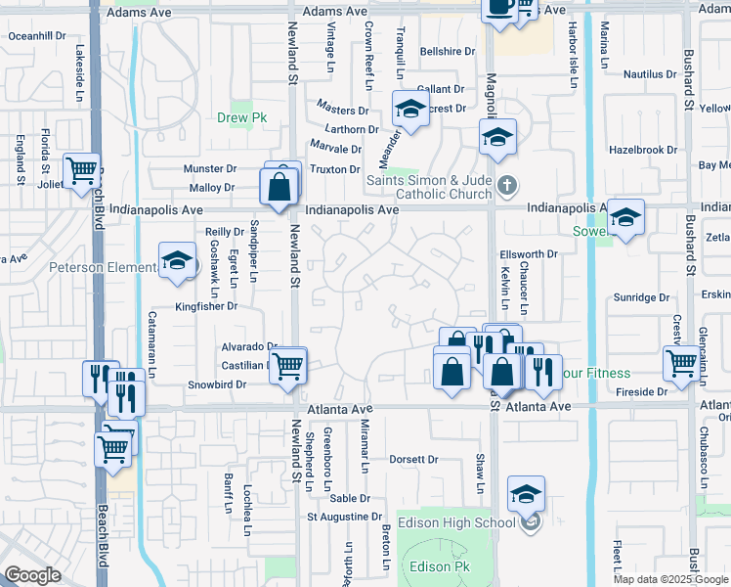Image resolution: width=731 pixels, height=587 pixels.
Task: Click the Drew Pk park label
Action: coord(235,119)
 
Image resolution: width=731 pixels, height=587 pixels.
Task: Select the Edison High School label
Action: coord(455,522)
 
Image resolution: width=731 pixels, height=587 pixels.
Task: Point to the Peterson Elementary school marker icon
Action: coord(177,261)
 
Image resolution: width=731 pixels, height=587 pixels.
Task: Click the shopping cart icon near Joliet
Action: coord(82,170)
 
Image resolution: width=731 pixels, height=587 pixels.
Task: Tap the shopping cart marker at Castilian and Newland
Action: coord(287,366)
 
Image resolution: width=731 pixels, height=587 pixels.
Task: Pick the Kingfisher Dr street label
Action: coord(206,306)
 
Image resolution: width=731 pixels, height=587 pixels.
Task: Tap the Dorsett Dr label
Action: coord(413,459)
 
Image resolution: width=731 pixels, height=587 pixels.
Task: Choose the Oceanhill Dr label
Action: coord(37,35)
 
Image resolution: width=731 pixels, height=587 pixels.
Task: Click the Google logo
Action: coord(32,575)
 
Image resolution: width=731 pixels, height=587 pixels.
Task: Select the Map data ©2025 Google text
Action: coord(670,578)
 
